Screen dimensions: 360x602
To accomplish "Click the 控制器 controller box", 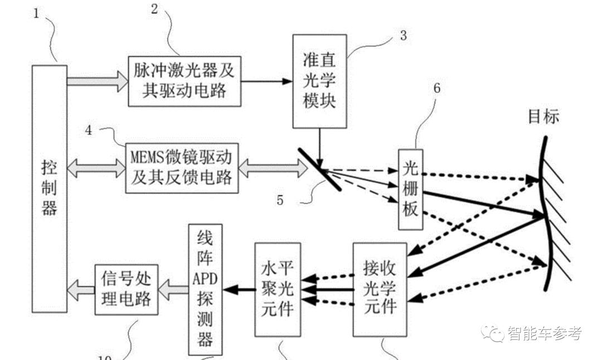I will (x=50, y=188).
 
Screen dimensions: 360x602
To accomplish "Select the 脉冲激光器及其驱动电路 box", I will (x=185, y=81).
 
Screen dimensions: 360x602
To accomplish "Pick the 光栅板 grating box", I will (x=411, y=190).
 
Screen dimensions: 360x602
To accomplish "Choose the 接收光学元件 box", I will (x=379, y=289).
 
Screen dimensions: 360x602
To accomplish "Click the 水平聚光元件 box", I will (x=278, y=289).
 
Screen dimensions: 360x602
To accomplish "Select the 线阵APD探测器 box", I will (x=205, y=289).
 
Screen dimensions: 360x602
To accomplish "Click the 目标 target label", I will (x=543, y=116).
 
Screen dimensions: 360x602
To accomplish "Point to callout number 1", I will (x=37, y=13).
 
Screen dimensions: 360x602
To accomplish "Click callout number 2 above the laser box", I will (x=154, y=8).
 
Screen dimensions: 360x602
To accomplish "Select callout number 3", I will (x=403, y=36).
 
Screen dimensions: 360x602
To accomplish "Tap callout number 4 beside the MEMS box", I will (x=89, y=130).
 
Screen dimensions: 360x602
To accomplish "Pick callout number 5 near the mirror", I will (x=280, y=198).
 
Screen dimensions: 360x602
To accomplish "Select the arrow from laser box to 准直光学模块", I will (x=267, y=81).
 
